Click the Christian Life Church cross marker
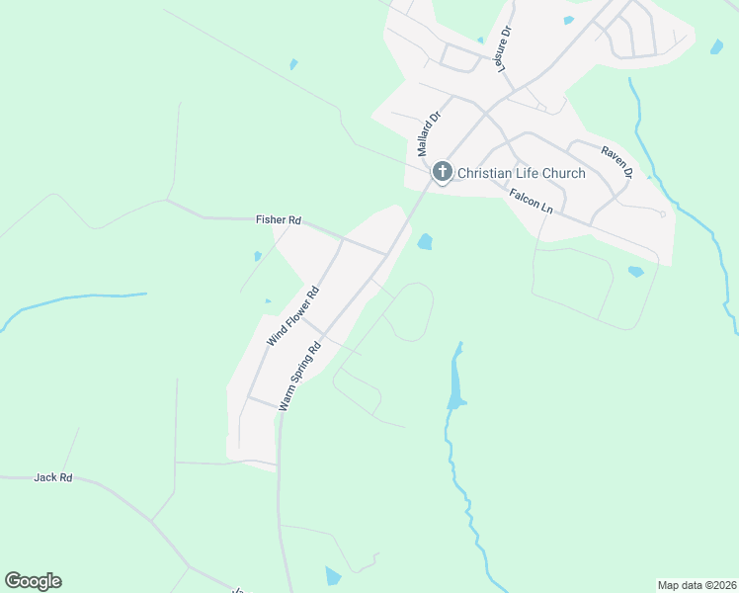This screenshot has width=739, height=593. (x=442, y=173)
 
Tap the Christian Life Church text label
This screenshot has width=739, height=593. (x=522, y=174)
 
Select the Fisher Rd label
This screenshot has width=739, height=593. (x=278, y=221)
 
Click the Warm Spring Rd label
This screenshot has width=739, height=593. (x=300, y=377)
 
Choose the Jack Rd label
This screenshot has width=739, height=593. (x=53, y=477)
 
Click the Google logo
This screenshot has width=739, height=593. (x=33, y=581)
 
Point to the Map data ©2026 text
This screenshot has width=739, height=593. (x=696, y=584)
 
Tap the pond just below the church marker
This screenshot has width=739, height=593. (x=425, y=241)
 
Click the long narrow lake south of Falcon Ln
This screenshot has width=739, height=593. (x=455, y=381)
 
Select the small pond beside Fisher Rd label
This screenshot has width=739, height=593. (x=258, y=256)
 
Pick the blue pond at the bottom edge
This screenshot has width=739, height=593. (x=333, y=576)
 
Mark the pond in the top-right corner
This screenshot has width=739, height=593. (x=715, y=45)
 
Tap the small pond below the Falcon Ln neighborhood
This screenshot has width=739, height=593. (x=635, y=271)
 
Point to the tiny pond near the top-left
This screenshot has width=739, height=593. (x=293, y=65)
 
